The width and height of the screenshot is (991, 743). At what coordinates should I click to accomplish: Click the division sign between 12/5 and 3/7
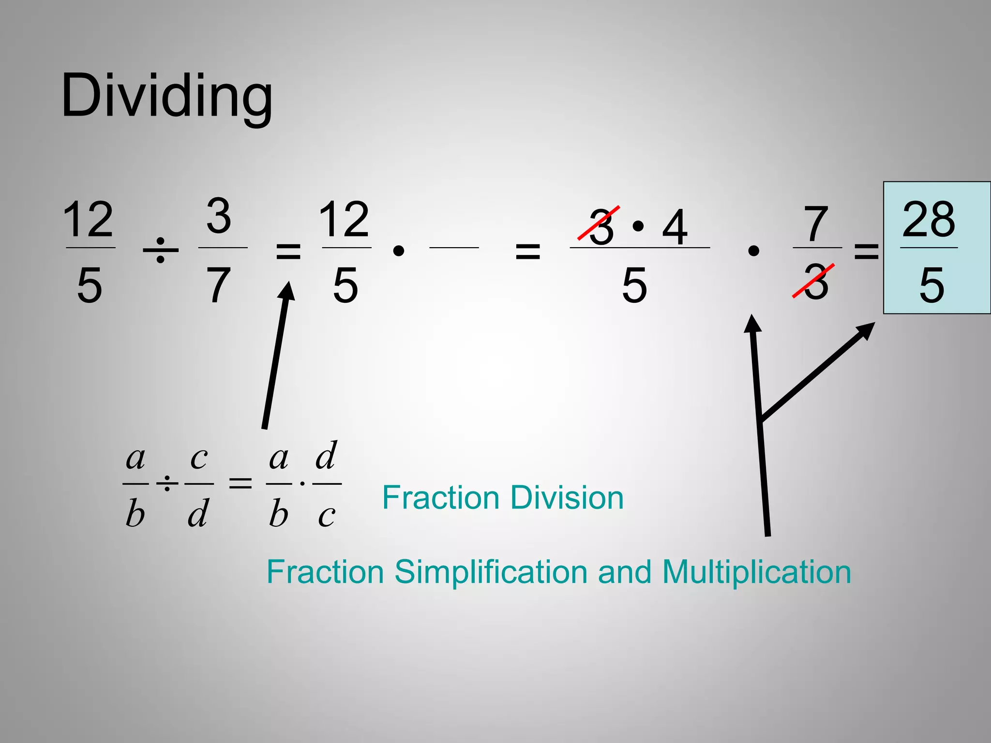161,251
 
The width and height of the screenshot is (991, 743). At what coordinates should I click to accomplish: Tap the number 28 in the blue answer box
929,220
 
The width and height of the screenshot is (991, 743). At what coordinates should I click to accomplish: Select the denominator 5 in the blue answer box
931,285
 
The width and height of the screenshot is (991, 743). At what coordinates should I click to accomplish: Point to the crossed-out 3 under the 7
816,282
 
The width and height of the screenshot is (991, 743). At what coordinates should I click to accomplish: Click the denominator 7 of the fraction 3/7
219,285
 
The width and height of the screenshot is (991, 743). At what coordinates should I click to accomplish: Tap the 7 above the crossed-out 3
816,223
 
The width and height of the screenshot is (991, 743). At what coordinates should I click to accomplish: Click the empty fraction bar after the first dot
454,248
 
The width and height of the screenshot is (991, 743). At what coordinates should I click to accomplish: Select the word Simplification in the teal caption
491,572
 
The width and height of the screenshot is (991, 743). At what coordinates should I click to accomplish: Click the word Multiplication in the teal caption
756,572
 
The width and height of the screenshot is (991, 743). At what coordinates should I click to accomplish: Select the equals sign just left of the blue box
866,251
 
